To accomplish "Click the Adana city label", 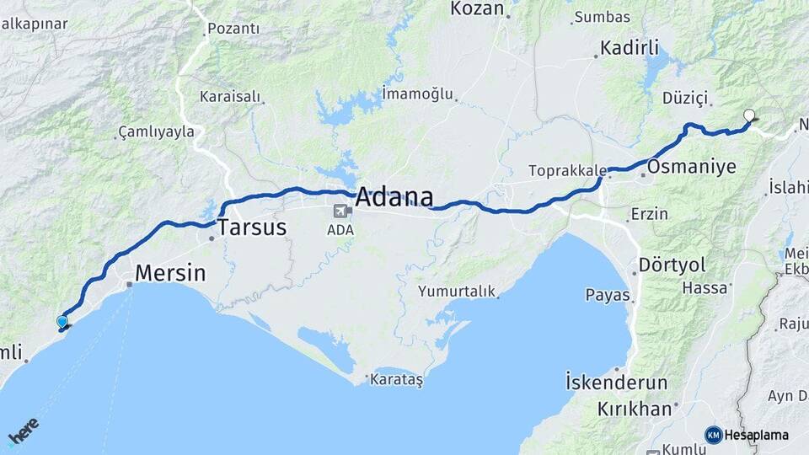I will coord(394,198).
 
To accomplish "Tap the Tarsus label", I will coord(252,227).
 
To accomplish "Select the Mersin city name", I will coord(170,273).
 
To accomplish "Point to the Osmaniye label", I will coord(692,165).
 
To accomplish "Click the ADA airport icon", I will coord(340,211).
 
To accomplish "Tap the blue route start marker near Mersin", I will coord(62,322).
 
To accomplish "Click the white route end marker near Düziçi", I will coord(748,116).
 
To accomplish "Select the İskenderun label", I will coord(616,383).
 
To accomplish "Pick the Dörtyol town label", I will coord(672,265).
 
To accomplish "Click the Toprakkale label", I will coord(567,170).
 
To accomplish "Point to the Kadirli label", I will coord(630,48).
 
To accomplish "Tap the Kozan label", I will coord(477,9).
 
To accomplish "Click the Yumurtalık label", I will coord(456,292).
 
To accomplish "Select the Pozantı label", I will coord(233,29).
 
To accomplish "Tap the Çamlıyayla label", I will coord(157,131).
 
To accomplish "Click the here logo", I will coord(23,431).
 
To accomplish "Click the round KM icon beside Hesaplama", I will coord(713,435).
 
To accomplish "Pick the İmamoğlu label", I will coord(417,93).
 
